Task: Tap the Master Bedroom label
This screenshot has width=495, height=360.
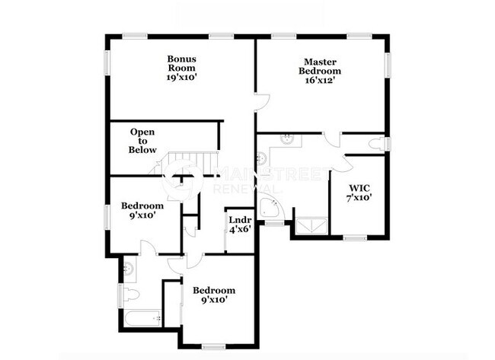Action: pos(320,66)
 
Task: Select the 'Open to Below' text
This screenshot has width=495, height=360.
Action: pos(142,141)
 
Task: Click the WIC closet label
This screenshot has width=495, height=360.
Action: pos(359,188)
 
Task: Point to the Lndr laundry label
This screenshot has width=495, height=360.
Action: pos(240,220)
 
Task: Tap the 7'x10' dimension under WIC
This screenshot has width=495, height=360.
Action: pos(359,199)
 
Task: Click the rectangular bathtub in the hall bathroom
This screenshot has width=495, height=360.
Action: pos(142,317)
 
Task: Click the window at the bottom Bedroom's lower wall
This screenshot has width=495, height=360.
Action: pos(212,346)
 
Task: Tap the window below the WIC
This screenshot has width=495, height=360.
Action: pos(355,238)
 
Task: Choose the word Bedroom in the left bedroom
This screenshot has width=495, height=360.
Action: pos(142,205)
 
